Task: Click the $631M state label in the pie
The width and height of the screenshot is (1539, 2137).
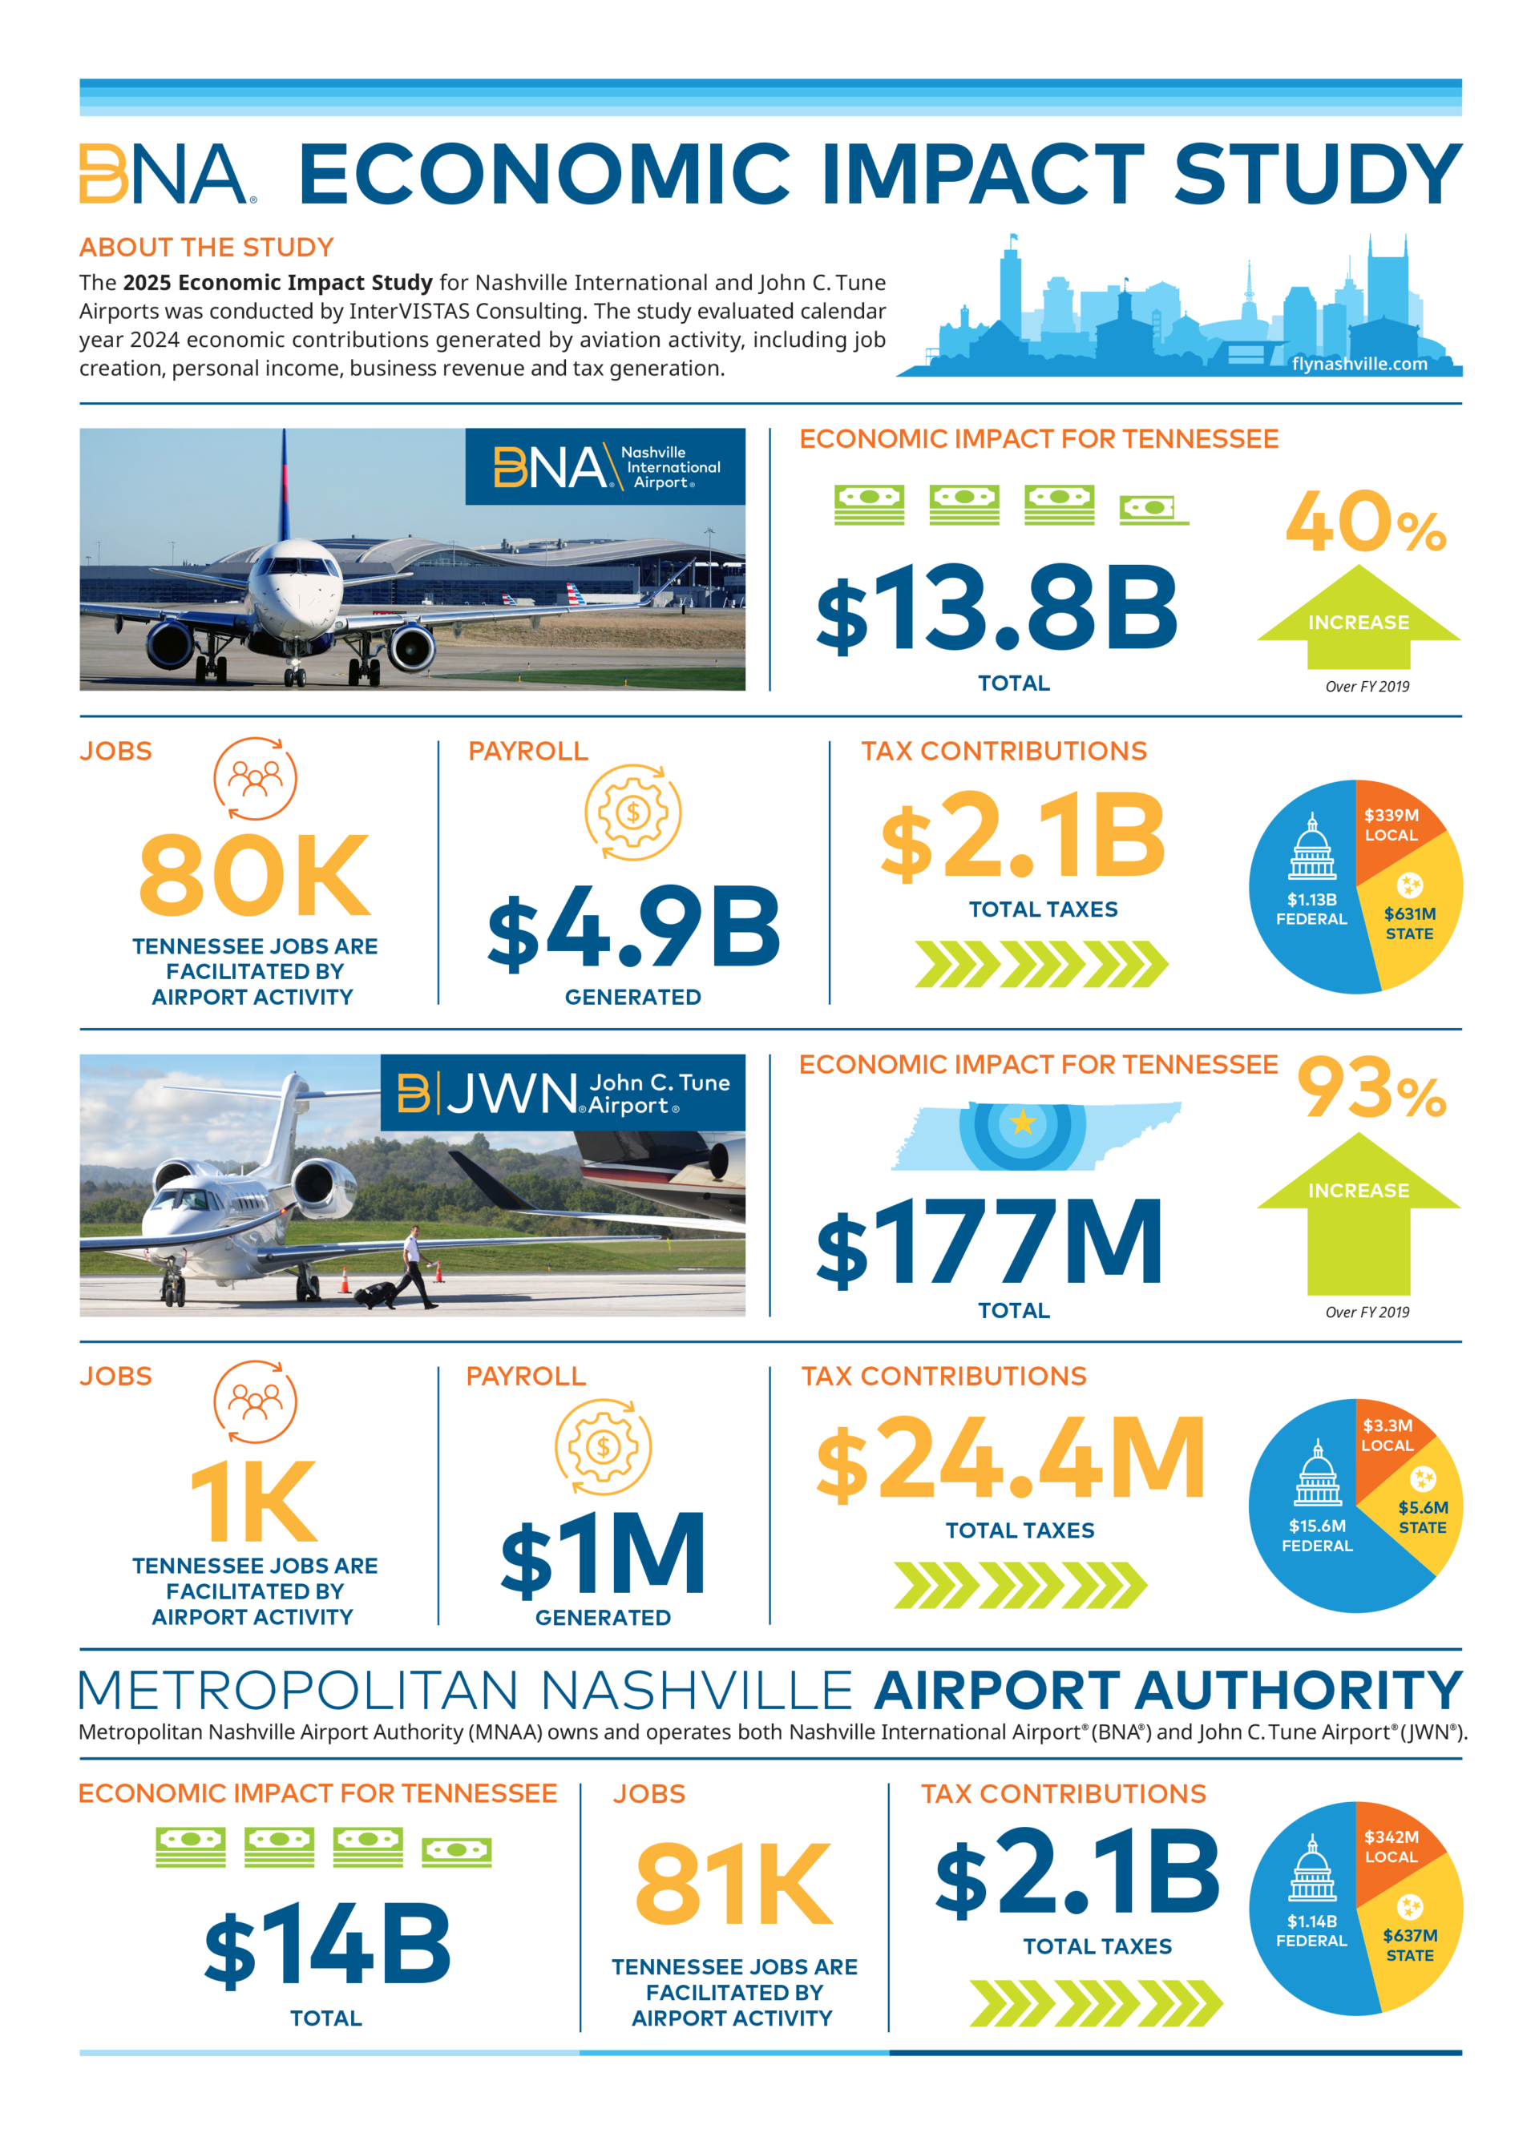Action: pos(1409,923)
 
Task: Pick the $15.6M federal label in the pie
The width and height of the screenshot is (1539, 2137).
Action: pos(1317,1535)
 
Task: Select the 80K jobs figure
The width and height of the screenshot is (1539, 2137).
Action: pos(254,875)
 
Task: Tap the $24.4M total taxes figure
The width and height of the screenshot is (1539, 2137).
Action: pos(1010,1458)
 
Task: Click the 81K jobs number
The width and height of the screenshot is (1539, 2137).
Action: pos(734,1885)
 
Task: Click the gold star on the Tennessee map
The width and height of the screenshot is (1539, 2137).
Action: pos(1023,1123)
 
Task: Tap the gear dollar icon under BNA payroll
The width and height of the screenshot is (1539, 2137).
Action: pos(633,812)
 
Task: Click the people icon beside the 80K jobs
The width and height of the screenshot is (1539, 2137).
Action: pos(256,778)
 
